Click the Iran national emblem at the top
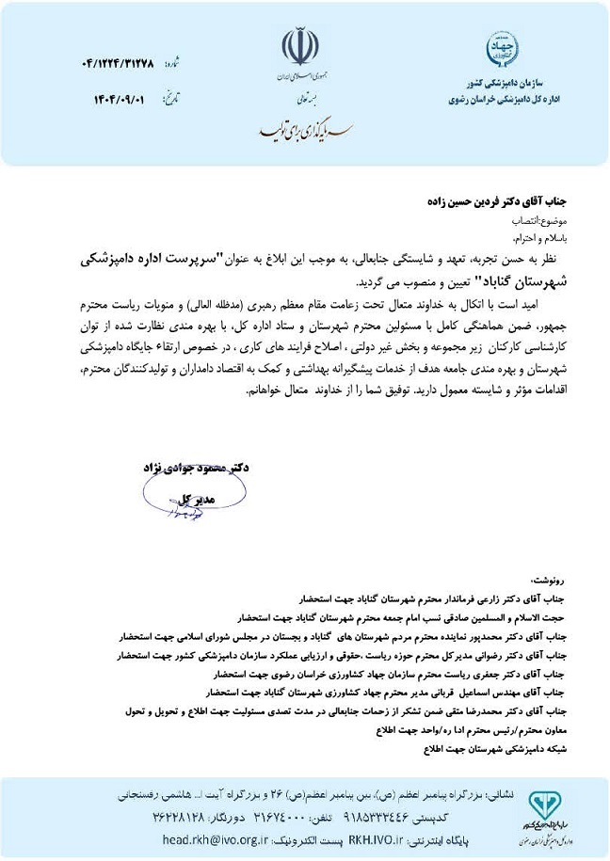click(x=300, y=46)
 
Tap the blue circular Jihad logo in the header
click(x=501, y=48)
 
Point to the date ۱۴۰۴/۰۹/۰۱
click(x=120, y=98)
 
